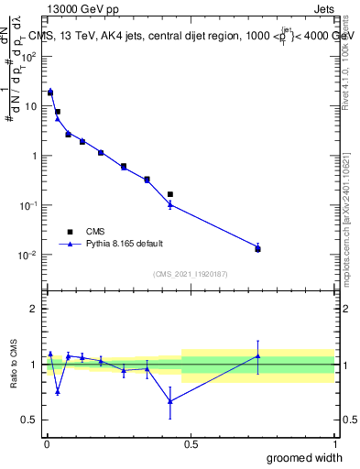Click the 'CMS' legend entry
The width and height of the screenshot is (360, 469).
click(x=94, y=232)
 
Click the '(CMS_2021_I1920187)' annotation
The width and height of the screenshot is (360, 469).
click(x=190, y=273)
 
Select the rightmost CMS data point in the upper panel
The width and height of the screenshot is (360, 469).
click(x=257, y=249)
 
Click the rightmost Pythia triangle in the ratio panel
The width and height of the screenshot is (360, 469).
click(x=257, y=356)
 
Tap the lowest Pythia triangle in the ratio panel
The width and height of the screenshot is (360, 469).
click(x=170, y=400)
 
